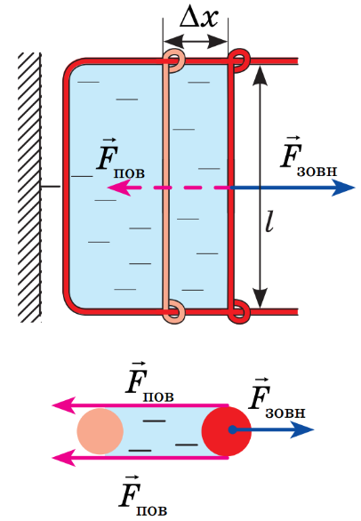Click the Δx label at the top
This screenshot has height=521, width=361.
point(199,18)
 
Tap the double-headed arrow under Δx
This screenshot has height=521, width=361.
point(196,42)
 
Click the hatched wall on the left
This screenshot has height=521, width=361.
point(30,188)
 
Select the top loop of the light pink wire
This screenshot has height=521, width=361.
point(174,60)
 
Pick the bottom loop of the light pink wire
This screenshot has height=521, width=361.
point(174,312)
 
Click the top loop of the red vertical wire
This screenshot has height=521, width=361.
point(238,60)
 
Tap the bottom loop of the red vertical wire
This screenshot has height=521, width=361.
point(238,312)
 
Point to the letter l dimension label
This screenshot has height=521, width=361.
point(269,220)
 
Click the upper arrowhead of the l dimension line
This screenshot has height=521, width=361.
point(261,76)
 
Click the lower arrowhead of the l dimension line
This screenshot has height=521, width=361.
point(261,298)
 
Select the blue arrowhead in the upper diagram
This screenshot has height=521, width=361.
point(344,188)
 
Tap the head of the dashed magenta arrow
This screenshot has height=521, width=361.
point(118,188)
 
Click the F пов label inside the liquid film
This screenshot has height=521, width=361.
point(121,159)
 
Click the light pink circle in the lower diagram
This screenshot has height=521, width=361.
point(100,431)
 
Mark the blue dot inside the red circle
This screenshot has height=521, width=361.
point(233,430)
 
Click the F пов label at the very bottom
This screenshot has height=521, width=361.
point(143,496)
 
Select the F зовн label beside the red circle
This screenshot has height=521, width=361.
point(277,398)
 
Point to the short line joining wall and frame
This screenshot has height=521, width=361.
point(51,187)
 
